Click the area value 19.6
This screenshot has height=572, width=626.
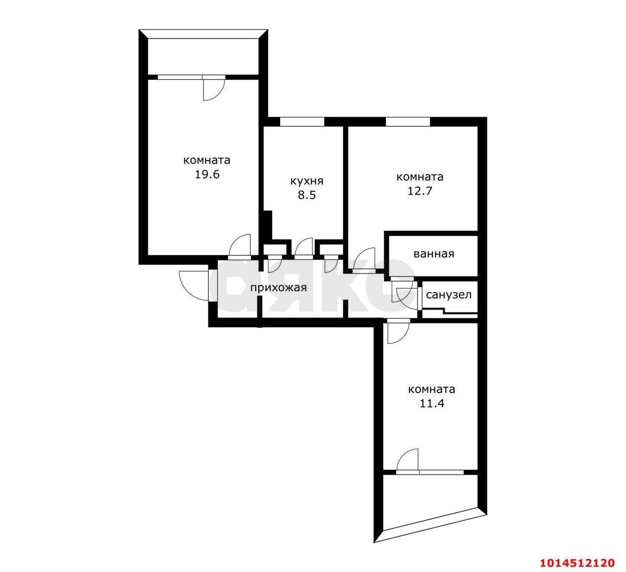pyautogui.click(x=207, y=174)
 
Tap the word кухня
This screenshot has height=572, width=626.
pyautogui.click(x=307, y=182)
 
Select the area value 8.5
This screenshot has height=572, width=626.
pyautogui.click(x=307, y=195)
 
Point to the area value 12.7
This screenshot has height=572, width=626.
pyautogui.click(x=420, y=191)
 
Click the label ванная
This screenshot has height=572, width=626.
pyautogui.click(x=434, y=254)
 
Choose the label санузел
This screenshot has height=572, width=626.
pyautogui.click(x=448, y=295)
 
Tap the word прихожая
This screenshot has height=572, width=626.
pyautogui.click(x=278, y=288)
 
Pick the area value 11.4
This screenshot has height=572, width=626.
pyautogui.click(x=431, y=404)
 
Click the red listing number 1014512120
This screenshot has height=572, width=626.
pyautogui.click(x=577, y=554)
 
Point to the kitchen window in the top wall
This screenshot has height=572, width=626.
pyautogui.click(x=302, y=121)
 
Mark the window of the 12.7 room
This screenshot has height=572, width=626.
pyautogui.click(x=407, y=121)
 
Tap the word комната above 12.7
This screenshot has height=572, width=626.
pyautogui.click(x=420, y=177)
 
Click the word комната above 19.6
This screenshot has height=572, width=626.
pyautogui.click(x=206, y=160)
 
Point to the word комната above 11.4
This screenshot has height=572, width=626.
pyautogui.click(x=431, y=389)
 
